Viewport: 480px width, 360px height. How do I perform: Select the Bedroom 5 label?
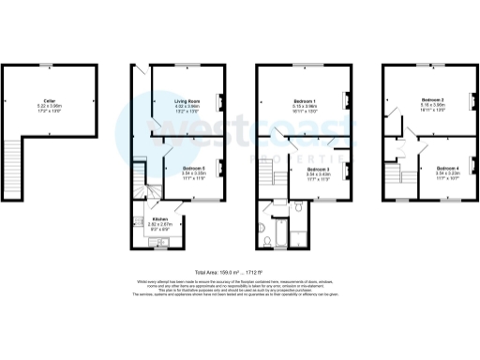[x=193, y=169]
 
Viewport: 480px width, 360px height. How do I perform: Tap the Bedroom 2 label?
[x=433, y=99]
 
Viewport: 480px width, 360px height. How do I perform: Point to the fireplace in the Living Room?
[x=222, y=100]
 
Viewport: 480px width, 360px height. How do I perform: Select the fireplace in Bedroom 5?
[x=221, y=171]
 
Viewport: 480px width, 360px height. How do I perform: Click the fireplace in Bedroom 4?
[x=471, y=169]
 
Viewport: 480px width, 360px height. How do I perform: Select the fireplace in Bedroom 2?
[x=471, y=100]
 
